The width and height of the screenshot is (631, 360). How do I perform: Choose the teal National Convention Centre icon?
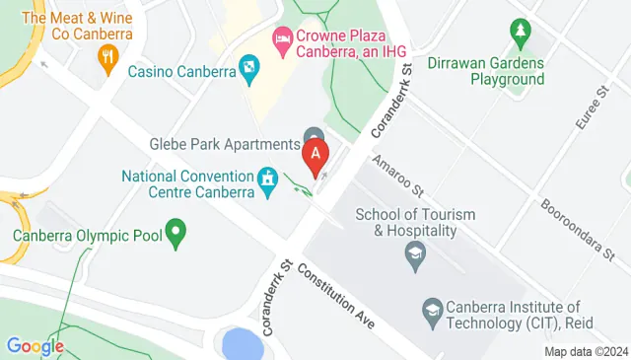(x=266, y=180)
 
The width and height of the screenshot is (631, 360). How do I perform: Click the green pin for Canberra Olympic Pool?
(x=176, y=234)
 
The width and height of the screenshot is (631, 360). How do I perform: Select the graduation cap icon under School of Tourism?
(x=415, y=259)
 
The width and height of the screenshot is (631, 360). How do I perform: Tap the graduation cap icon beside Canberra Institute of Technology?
(x=432, y=311)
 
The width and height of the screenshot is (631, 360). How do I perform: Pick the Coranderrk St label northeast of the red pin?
(x=390, y=103)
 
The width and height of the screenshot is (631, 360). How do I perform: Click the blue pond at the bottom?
(x=242, y=344)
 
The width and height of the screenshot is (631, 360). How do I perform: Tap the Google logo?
(x=35, y=346)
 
